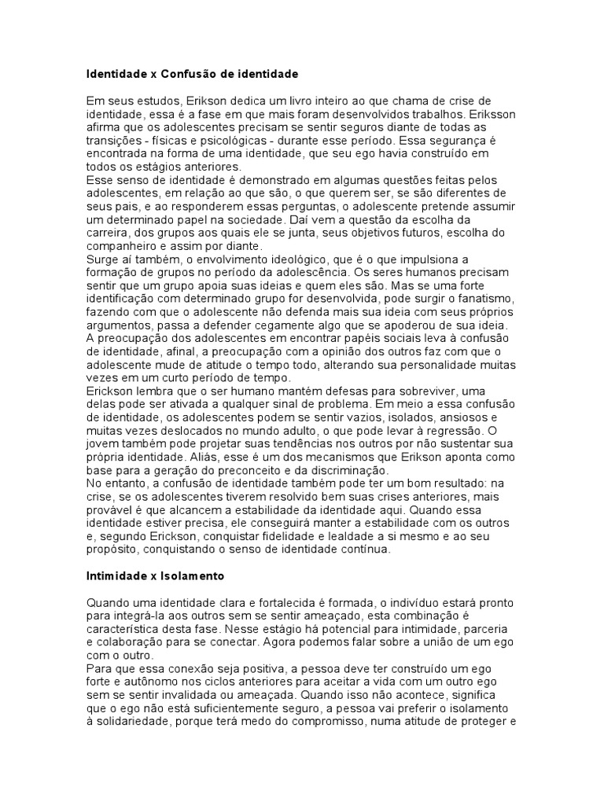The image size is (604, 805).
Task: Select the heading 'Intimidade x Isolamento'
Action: coord(155,576)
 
